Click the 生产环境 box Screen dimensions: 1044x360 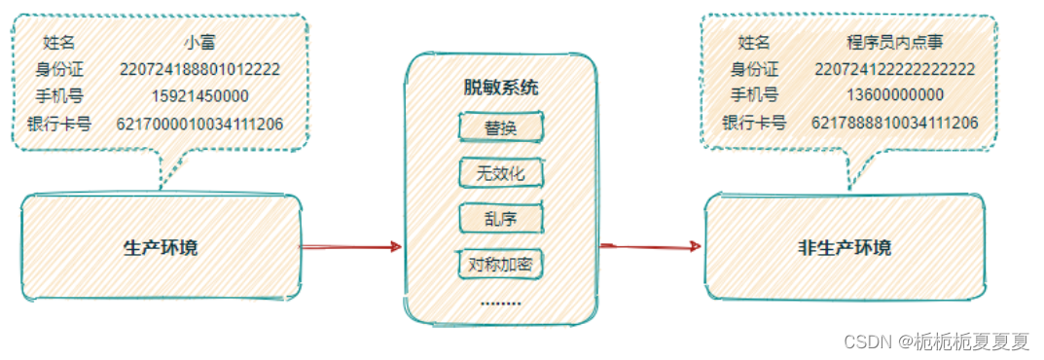161,247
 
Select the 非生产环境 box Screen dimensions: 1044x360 844,247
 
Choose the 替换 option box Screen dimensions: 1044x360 500,128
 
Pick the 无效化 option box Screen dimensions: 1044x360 500,174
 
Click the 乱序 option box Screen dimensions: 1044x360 500,219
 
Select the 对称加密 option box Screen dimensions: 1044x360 500,264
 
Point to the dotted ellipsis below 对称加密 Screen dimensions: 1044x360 500,303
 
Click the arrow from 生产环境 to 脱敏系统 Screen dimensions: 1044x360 350,247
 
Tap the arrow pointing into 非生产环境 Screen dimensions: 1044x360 650,247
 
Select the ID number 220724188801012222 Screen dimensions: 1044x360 199,69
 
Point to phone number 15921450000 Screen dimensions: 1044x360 199,96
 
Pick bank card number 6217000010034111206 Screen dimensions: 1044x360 199,124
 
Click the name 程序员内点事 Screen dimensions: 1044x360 893,42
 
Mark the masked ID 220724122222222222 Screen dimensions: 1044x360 893,69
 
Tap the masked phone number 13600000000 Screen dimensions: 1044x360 893,95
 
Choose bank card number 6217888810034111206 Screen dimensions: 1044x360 893,123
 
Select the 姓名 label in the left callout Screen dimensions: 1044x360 59,43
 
